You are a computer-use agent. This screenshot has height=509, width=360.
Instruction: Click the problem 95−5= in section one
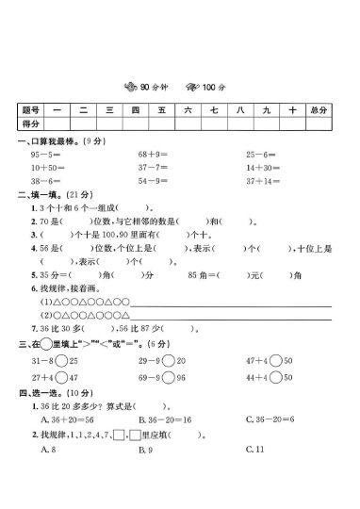tap(45, 153)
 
